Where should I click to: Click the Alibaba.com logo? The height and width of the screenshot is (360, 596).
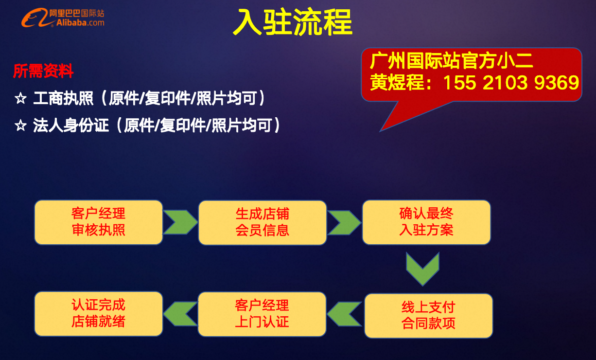point(62,18)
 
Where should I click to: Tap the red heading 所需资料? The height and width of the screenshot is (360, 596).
point(43,72)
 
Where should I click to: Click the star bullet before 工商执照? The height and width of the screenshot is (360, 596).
point(20,99)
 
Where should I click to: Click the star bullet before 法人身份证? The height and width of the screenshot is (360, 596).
point(20,126)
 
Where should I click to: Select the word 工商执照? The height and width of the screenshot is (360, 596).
point(63,99)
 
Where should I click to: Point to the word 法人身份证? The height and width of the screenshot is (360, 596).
point(71,126)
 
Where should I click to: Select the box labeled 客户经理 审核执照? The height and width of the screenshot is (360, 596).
point(99,222)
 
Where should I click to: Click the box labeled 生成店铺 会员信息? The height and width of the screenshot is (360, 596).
point(263,222)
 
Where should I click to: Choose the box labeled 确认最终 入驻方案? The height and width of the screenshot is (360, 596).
point(426,222)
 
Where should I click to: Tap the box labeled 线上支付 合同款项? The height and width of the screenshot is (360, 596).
point(428,315)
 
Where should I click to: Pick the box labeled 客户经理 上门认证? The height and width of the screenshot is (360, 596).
point(262,314)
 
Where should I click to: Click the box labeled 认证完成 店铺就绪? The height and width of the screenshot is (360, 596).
point(99,314)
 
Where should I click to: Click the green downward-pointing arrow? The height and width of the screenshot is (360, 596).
point(422,269)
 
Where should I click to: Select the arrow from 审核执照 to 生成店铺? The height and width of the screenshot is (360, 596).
point(180,222)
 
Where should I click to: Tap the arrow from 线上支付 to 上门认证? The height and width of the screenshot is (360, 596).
point(344,314)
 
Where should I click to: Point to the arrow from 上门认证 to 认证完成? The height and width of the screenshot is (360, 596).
point(180,314)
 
